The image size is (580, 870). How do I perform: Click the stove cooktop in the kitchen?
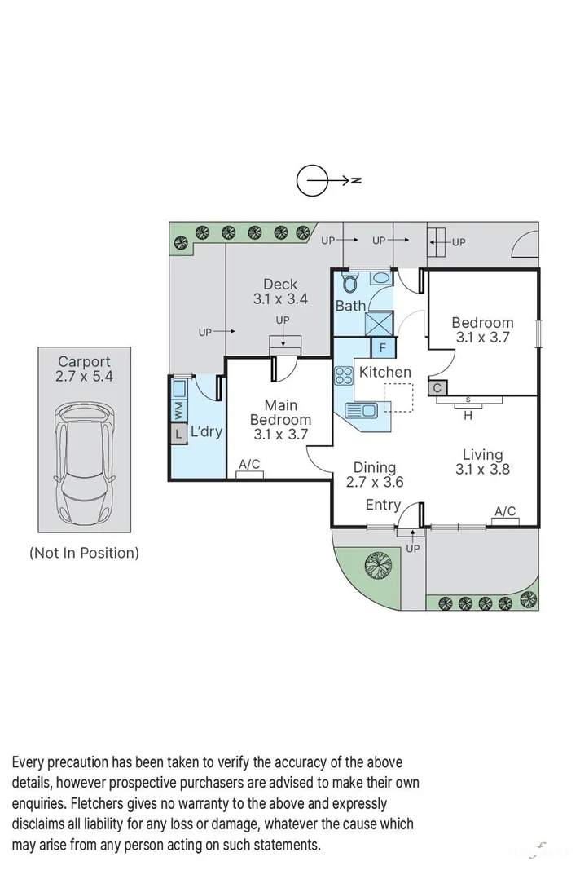[x=344, y=376]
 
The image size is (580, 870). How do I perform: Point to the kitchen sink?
[x=362, y=409]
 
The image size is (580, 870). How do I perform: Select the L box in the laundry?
[x=178, y=435]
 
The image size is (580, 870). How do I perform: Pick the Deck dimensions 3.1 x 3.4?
[x=280, y=299]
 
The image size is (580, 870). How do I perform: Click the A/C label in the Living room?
[x=505, y=511]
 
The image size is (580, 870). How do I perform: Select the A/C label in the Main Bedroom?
[x=249, y=465]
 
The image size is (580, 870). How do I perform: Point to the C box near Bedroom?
[x=437, y=388]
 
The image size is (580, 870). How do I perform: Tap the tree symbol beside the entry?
[x=377, y=564]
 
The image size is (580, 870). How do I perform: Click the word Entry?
[x=382, y=505]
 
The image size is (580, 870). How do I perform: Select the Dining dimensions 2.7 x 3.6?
[x=375, y=482]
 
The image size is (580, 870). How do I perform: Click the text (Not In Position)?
[x=84, y=553]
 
